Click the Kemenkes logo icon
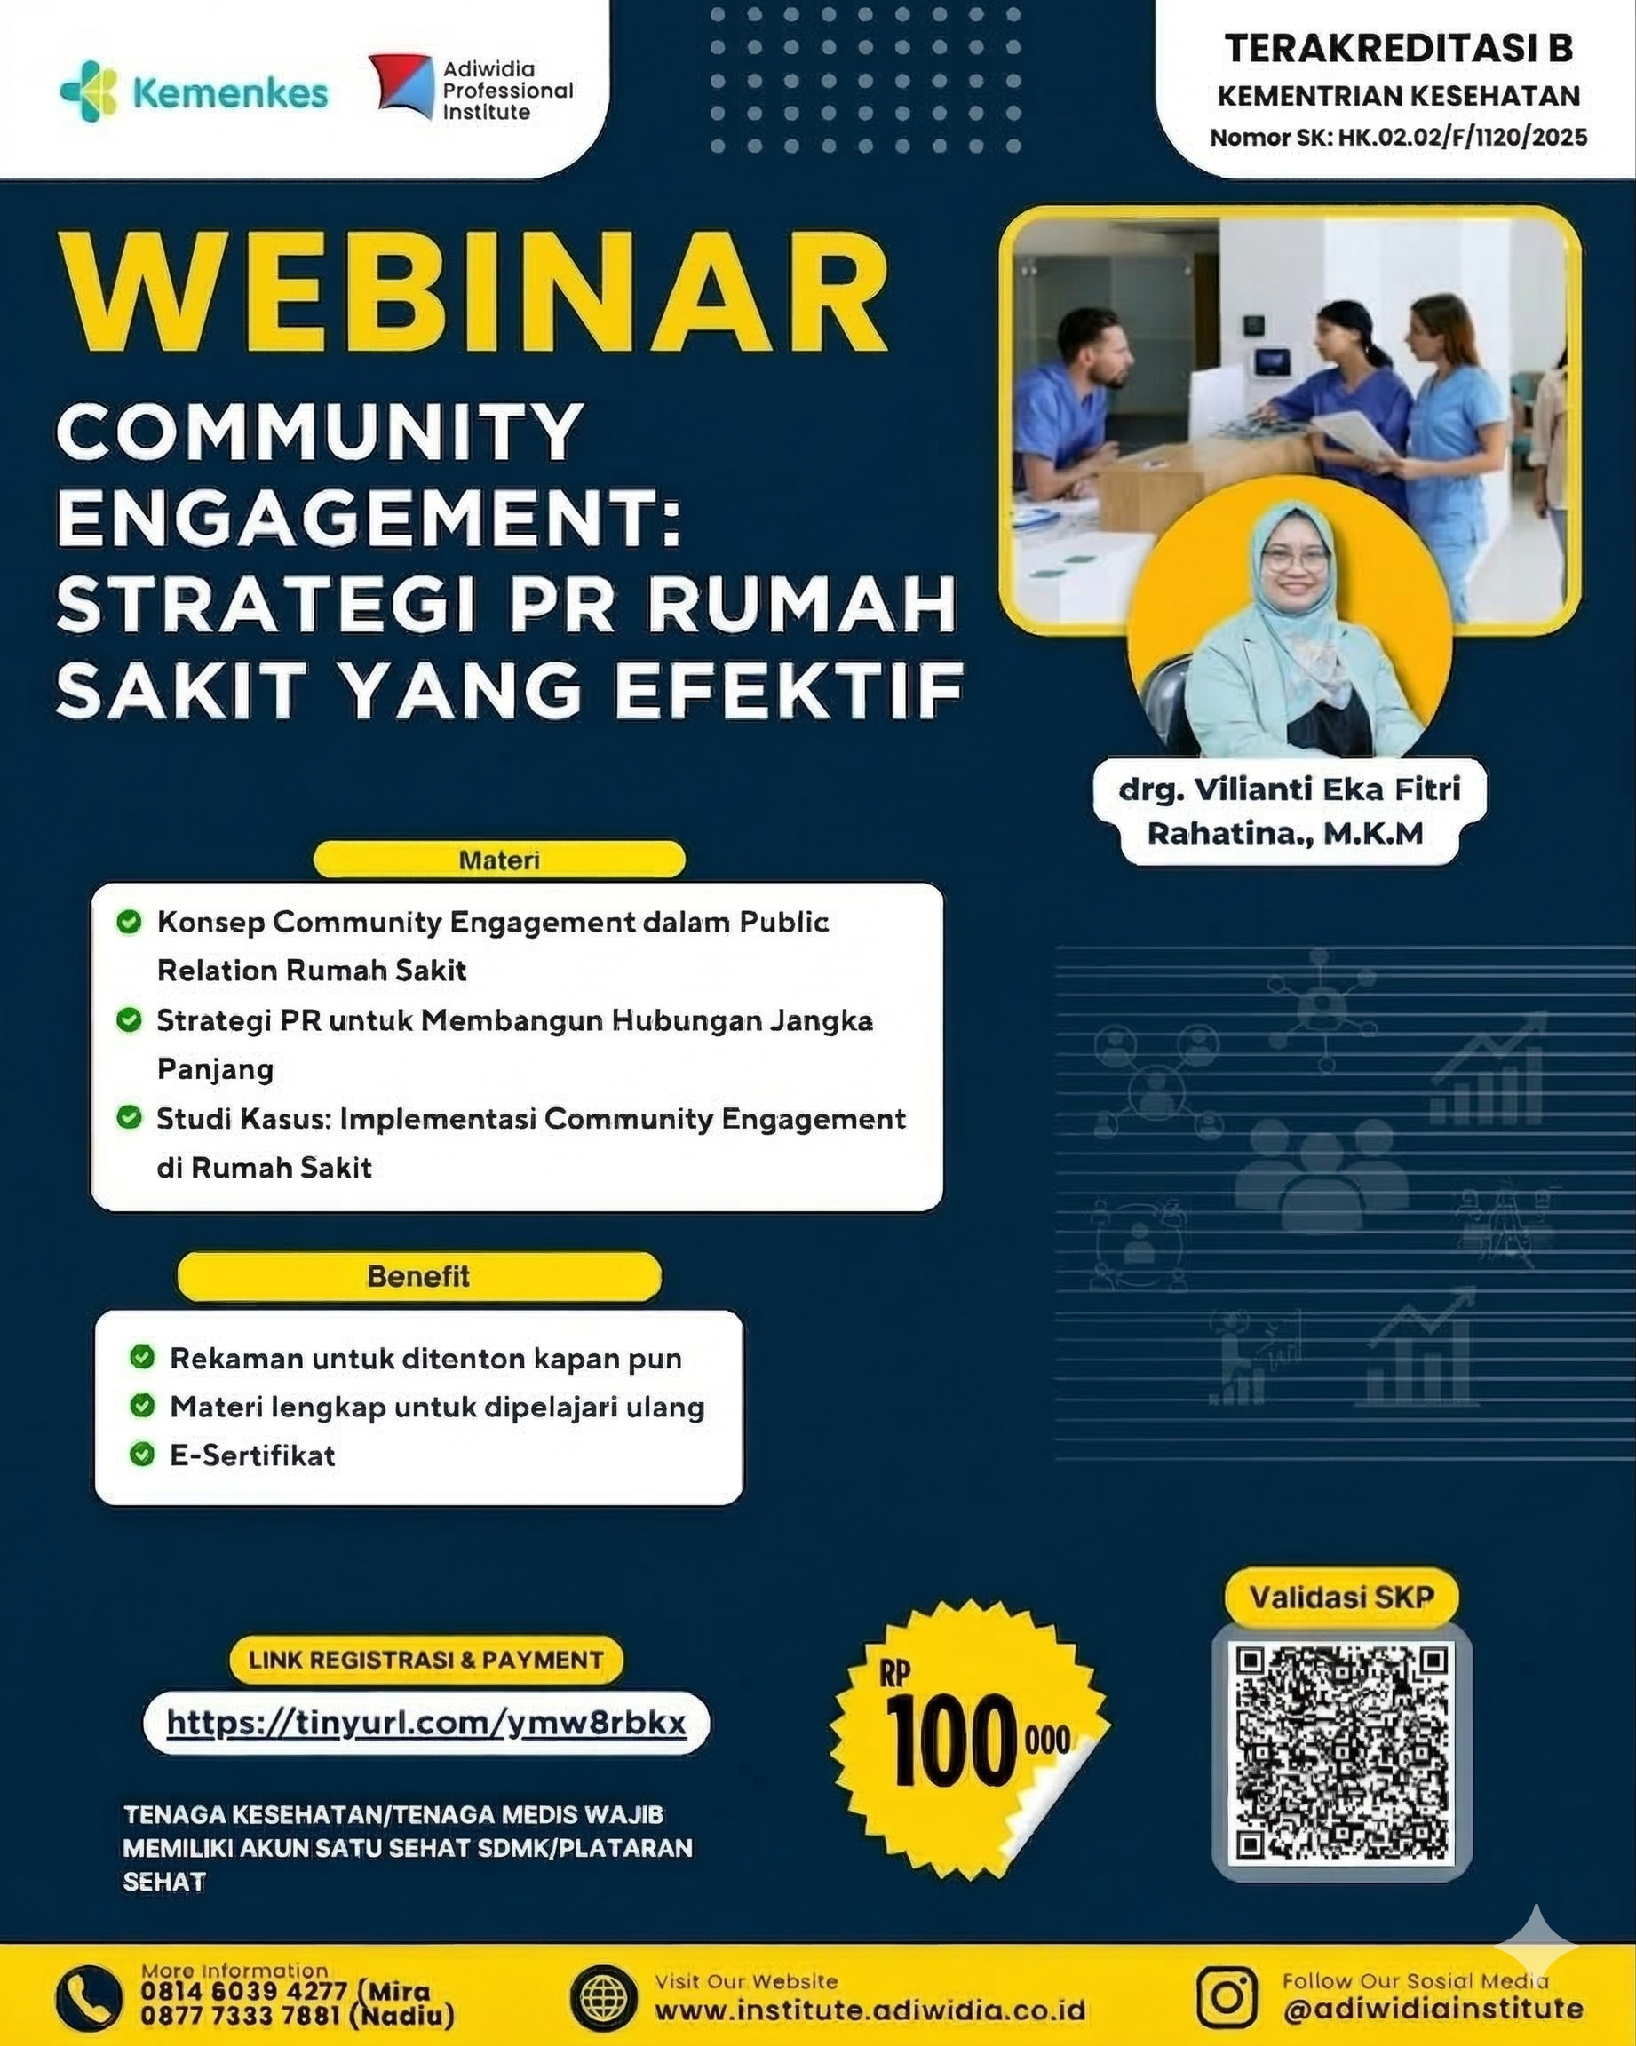coord(88,91)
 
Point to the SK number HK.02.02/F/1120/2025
coord(1462,138)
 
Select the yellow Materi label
coord(499,860)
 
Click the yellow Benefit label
coord(418,1276)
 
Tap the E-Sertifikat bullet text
coord(252,1455)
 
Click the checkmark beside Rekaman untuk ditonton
coord(142,1357)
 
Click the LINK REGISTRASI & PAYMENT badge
coord(426,1660)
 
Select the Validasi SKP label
coord(1341,1598)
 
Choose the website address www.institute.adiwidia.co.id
coord(870,2010)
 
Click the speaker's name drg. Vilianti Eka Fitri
coord(1290,789)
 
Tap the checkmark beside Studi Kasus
coord(128,1117)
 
